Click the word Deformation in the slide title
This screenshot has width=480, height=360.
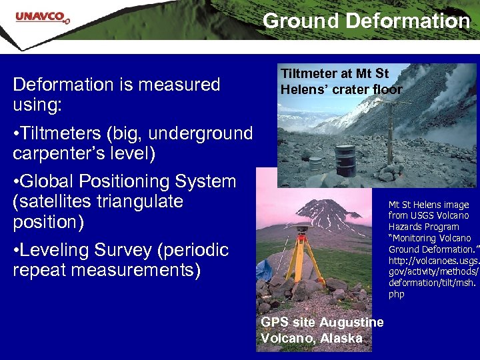coord(407,21)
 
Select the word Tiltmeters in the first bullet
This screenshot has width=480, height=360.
coord(65,133)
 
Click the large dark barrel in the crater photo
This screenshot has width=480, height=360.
coord(344,160)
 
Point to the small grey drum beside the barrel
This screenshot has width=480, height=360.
coord(315,163)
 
